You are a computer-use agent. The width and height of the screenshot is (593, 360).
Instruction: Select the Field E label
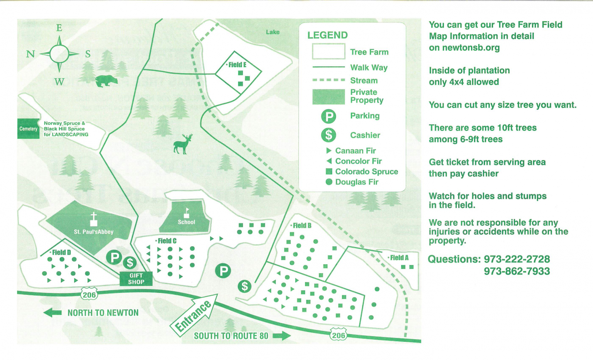(237, 65)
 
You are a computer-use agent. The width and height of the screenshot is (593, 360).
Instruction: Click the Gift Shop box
(136, 279)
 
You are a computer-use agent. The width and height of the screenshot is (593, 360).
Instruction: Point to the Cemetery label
(29, 129)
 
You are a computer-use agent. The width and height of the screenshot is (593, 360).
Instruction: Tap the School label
(186, 222)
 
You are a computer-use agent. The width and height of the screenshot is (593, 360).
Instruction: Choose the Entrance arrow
(195, 314)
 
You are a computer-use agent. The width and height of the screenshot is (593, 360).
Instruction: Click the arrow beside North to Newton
(53, 313)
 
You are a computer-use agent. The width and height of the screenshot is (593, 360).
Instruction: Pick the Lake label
(273, 32)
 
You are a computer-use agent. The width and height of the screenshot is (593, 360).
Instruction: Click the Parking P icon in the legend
(329, 116)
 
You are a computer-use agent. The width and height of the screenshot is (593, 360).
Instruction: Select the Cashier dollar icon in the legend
(329, 135)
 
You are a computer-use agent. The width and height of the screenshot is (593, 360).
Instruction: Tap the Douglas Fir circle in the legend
(329, 182)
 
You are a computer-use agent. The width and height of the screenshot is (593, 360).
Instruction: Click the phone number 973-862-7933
(517, 271)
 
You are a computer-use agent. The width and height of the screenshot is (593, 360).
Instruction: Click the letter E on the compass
(59, 28)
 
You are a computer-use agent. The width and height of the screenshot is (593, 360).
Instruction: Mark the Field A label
(399, 258)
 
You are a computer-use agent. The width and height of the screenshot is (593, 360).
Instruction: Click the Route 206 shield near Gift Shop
(89, 295)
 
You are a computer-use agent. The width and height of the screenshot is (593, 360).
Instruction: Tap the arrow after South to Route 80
(282, 336)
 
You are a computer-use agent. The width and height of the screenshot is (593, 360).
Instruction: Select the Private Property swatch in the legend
(329, 97)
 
